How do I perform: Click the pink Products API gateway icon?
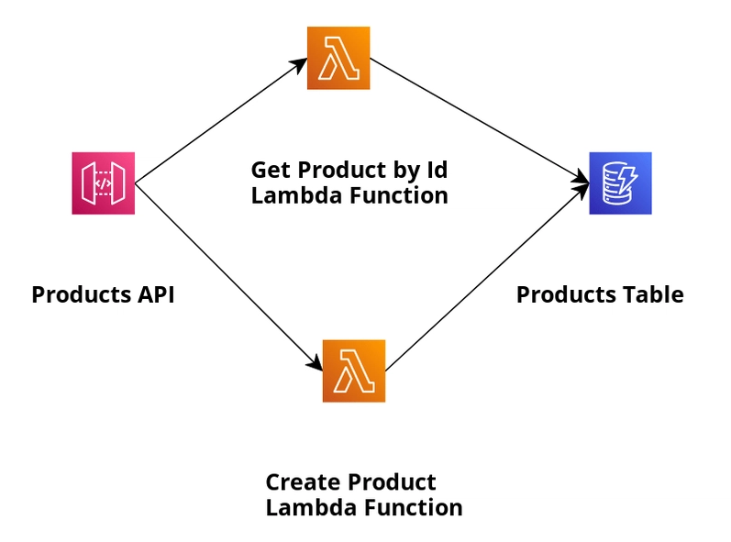coord(103,183)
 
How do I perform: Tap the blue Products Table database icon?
coord(620,183)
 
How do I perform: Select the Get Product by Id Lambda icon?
coord(338,58)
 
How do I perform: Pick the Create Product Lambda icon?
coord(353,371)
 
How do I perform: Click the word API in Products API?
coord(154,295)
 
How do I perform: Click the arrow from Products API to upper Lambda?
coord(220,120)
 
